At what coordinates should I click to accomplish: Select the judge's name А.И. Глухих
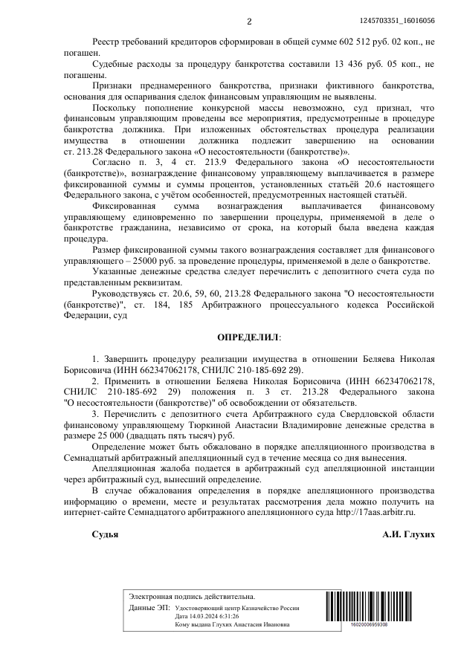[x=408, y=534]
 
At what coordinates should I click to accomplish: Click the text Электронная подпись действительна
[x=192, y=597]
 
